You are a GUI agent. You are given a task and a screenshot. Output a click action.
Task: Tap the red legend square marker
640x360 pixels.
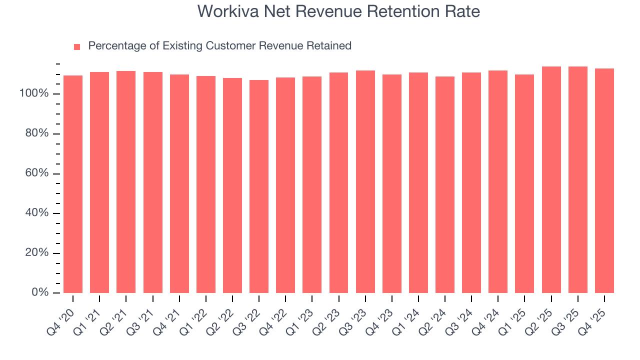[77, 46]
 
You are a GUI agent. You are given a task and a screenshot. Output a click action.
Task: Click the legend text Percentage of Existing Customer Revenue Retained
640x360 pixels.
[219, 46]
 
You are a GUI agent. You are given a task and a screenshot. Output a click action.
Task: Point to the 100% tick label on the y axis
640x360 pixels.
[34, 94]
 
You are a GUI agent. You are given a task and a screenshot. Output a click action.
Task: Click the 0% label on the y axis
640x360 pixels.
[39, 292]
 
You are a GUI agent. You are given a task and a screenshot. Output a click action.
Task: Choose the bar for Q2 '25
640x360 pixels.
[551, 179]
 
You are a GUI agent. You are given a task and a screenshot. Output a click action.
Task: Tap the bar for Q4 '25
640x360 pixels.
[604, 180]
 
